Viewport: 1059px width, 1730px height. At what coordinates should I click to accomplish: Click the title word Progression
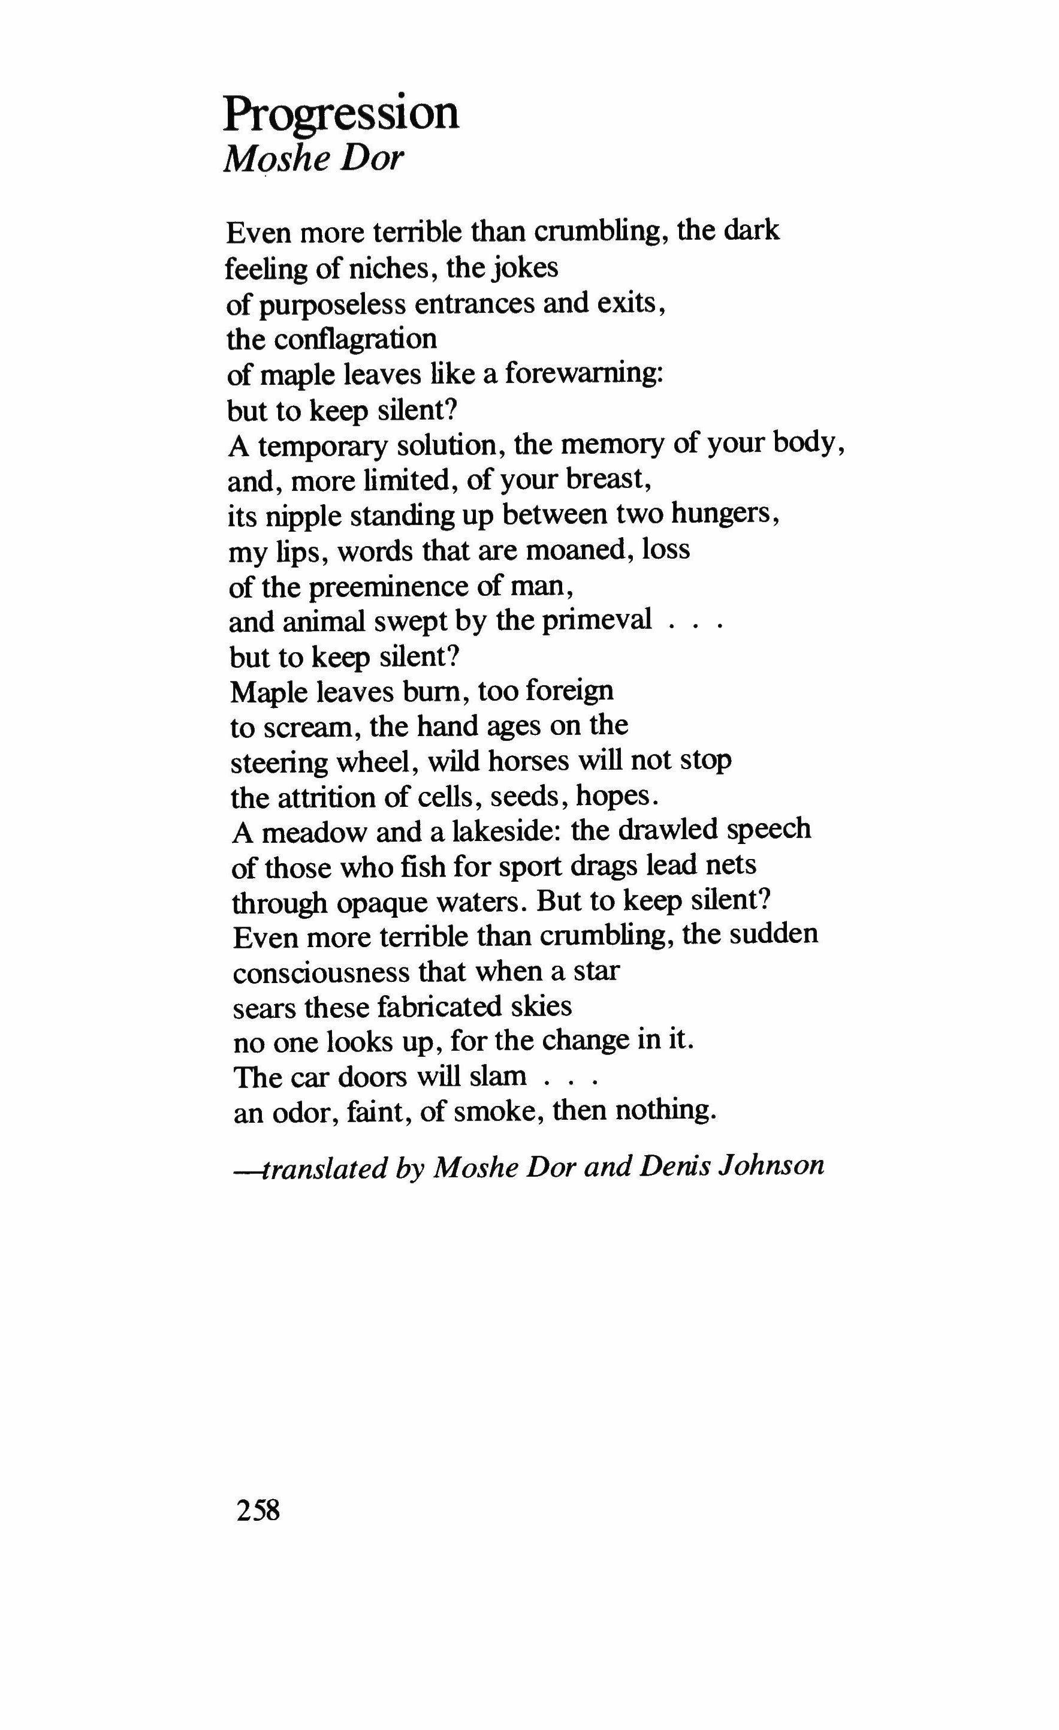pyautogui.click(x=341, y=113)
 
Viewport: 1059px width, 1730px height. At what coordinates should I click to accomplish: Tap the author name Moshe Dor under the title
pyautogui.click(x=313, y=159)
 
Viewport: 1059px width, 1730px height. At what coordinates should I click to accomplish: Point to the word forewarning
pyautogui.click(x=583, y=373)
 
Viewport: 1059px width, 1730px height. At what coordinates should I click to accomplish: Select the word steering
pyautogui.click(x=276, y=763)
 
